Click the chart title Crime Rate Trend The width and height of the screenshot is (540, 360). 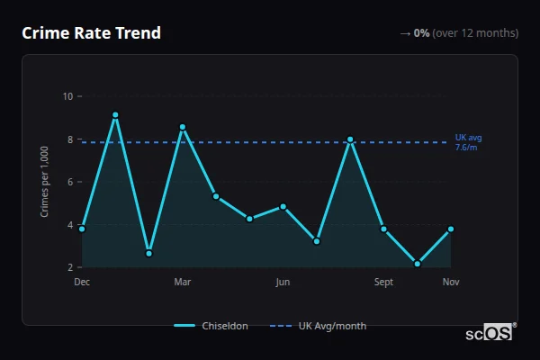click(91, 33)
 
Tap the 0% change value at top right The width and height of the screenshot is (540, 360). click(421, 33)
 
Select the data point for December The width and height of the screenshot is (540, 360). click(82, 229)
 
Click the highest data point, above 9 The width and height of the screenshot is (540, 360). click(115, 115)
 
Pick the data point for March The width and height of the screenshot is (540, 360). click(183, 127)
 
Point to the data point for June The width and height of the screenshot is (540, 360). click(283, 206)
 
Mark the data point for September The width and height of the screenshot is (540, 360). click(383, 229)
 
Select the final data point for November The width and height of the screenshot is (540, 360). click(451, 229)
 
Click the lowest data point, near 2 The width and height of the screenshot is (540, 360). click(418, 264)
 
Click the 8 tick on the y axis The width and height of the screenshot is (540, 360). click(70, 139)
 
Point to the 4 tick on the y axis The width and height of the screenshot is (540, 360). click(70, 225)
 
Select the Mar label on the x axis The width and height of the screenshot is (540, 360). click(183, 283)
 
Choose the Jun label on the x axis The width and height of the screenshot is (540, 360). click(283, 283)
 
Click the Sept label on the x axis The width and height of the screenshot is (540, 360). click(383, 283)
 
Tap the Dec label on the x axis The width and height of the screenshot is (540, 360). click(82, 283)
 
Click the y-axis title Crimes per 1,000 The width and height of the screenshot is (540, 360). click(45, 181)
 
